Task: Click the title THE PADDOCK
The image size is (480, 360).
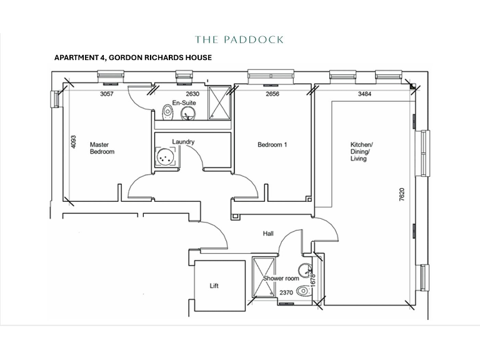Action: pyautogui.click(x=239, y=40)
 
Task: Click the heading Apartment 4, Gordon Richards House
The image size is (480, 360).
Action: pyautogui.click(x=133, y=57)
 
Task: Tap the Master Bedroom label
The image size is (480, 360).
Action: pyautogui.click(x=102, y=147)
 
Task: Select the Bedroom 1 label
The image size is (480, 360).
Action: pyautogui.click(x=272, y=145)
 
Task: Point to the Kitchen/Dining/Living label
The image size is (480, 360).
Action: pyautogui.click(x=361, y=151)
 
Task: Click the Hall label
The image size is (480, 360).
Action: pyautogui.click(x=268, y=234)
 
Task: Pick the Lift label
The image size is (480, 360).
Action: pyautogui.click(x=215, y=286)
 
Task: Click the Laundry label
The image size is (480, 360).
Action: pyautogui.click(x=183, y=142)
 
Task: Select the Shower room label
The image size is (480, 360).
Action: pyautogui.click(x=281, y=278)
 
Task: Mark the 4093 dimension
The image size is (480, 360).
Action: pyautogui.click(x=73, y=142)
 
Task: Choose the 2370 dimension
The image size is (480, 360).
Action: pyautogui.click(x=287, y=292)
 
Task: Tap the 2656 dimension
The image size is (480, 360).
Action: pyautogui.click(x=272, y=94)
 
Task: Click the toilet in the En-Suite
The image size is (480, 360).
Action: pyautogui.click(x=166, y=112)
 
